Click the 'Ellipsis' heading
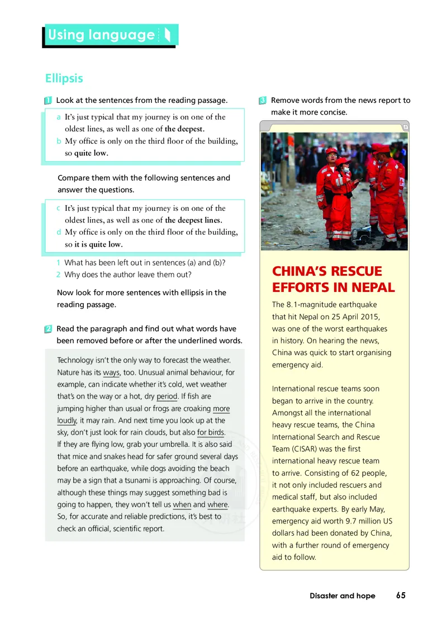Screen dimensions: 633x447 click(64, 78)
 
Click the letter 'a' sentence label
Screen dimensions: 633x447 click(59, 117)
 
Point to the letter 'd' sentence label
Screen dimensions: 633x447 click(59, 232)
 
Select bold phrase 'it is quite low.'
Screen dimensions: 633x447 click(99, 244)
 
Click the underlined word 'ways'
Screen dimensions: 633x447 click(111, 372)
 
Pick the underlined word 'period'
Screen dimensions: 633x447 click(167, 396)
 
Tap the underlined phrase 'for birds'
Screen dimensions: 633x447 click(211, 432)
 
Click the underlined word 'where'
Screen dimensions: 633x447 click(217, 505)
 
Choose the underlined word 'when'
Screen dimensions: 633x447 click(182, 505)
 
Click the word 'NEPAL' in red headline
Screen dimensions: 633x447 click(370, 288)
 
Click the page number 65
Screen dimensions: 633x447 click(401, 596)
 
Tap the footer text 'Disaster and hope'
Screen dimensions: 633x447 click(343, 596)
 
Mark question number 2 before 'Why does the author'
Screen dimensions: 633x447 click(58, 275)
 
